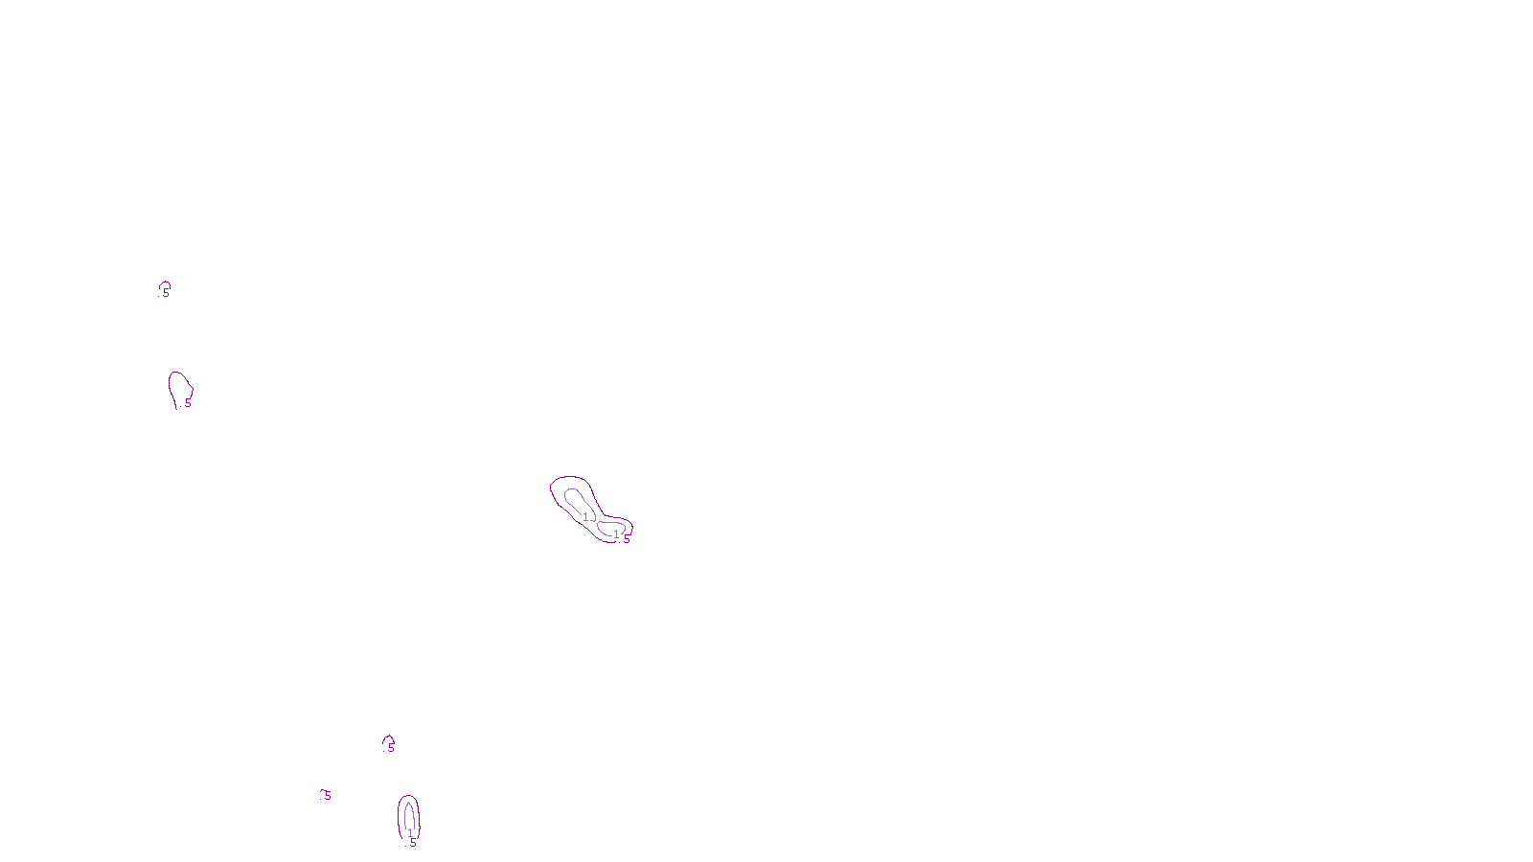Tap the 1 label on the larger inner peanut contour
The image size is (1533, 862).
[x=585, y=517]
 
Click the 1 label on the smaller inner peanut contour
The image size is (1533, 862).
[x=616, y=534]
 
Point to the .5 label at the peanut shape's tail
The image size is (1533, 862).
[x=626, y=539]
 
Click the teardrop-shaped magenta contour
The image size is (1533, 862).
[x=172, y=383]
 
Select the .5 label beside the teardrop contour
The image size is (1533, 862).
[x=187, y=403]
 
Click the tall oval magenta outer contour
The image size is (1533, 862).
[x=400, y=814]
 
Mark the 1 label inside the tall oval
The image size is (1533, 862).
[x=410, y=833]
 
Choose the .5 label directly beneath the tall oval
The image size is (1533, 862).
[x=412, y=843]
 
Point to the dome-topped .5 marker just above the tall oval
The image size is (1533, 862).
[x=389, y=744]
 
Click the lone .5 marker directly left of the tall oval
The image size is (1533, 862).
[x=326, y=795]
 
